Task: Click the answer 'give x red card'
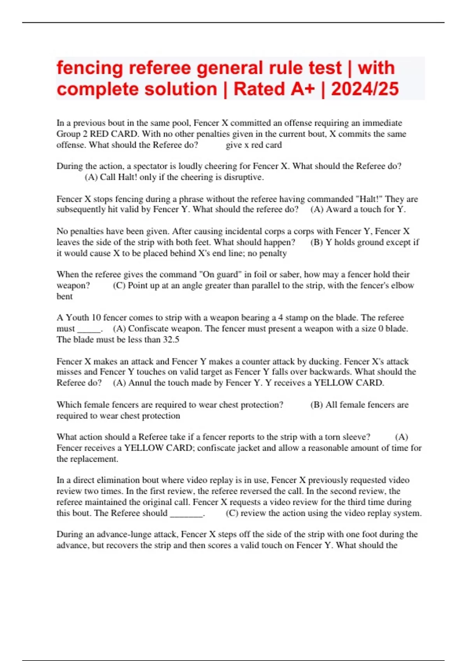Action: pos(253,145)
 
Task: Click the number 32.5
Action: pos(171,339)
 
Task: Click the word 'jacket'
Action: pos(247,448)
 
